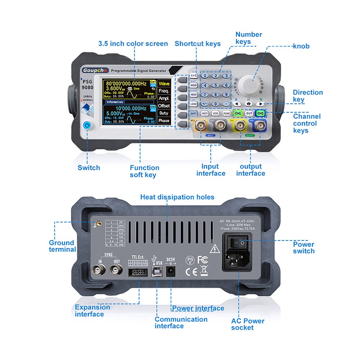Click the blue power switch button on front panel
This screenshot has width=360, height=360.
click(87, 125)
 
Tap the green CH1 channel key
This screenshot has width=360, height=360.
click(238, 113)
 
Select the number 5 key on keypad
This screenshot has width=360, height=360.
click(215, 86)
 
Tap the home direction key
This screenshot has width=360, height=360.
click(248, 104)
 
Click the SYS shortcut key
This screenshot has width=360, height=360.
click(194, 76)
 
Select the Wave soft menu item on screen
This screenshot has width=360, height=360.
click(164, 84)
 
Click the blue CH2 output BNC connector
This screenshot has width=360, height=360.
click(258, 126)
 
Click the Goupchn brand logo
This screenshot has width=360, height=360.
click(94, 70)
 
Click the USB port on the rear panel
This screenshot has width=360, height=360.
click(158, 272)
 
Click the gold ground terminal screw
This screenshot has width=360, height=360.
click(96, 224)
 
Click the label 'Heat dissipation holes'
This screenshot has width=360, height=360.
click(177, 197)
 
